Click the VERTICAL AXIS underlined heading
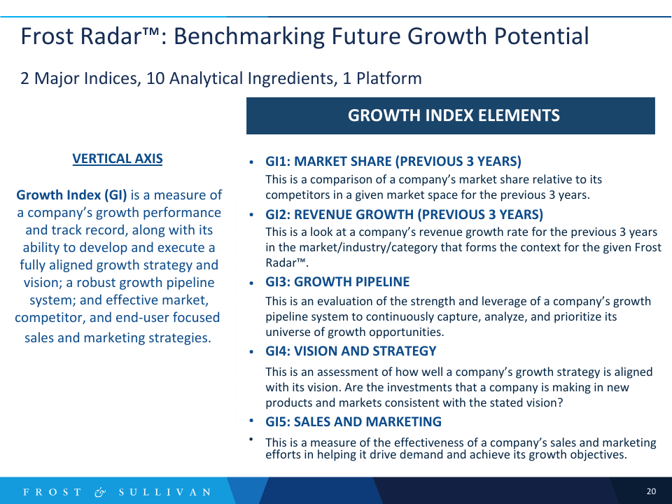118,159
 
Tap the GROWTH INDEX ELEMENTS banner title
454,115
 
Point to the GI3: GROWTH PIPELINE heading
337,281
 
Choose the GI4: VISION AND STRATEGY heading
351,351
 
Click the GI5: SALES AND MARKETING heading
353,421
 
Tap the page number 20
651,491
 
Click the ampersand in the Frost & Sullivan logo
100,492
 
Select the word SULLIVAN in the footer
165,492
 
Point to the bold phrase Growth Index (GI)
71,195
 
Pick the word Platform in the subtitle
389,78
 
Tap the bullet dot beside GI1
251,162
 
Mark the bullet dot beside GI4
251,352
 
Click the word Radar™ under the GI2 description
287,262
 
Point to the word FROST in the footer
52,492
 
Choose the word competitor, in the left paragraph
50,318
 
